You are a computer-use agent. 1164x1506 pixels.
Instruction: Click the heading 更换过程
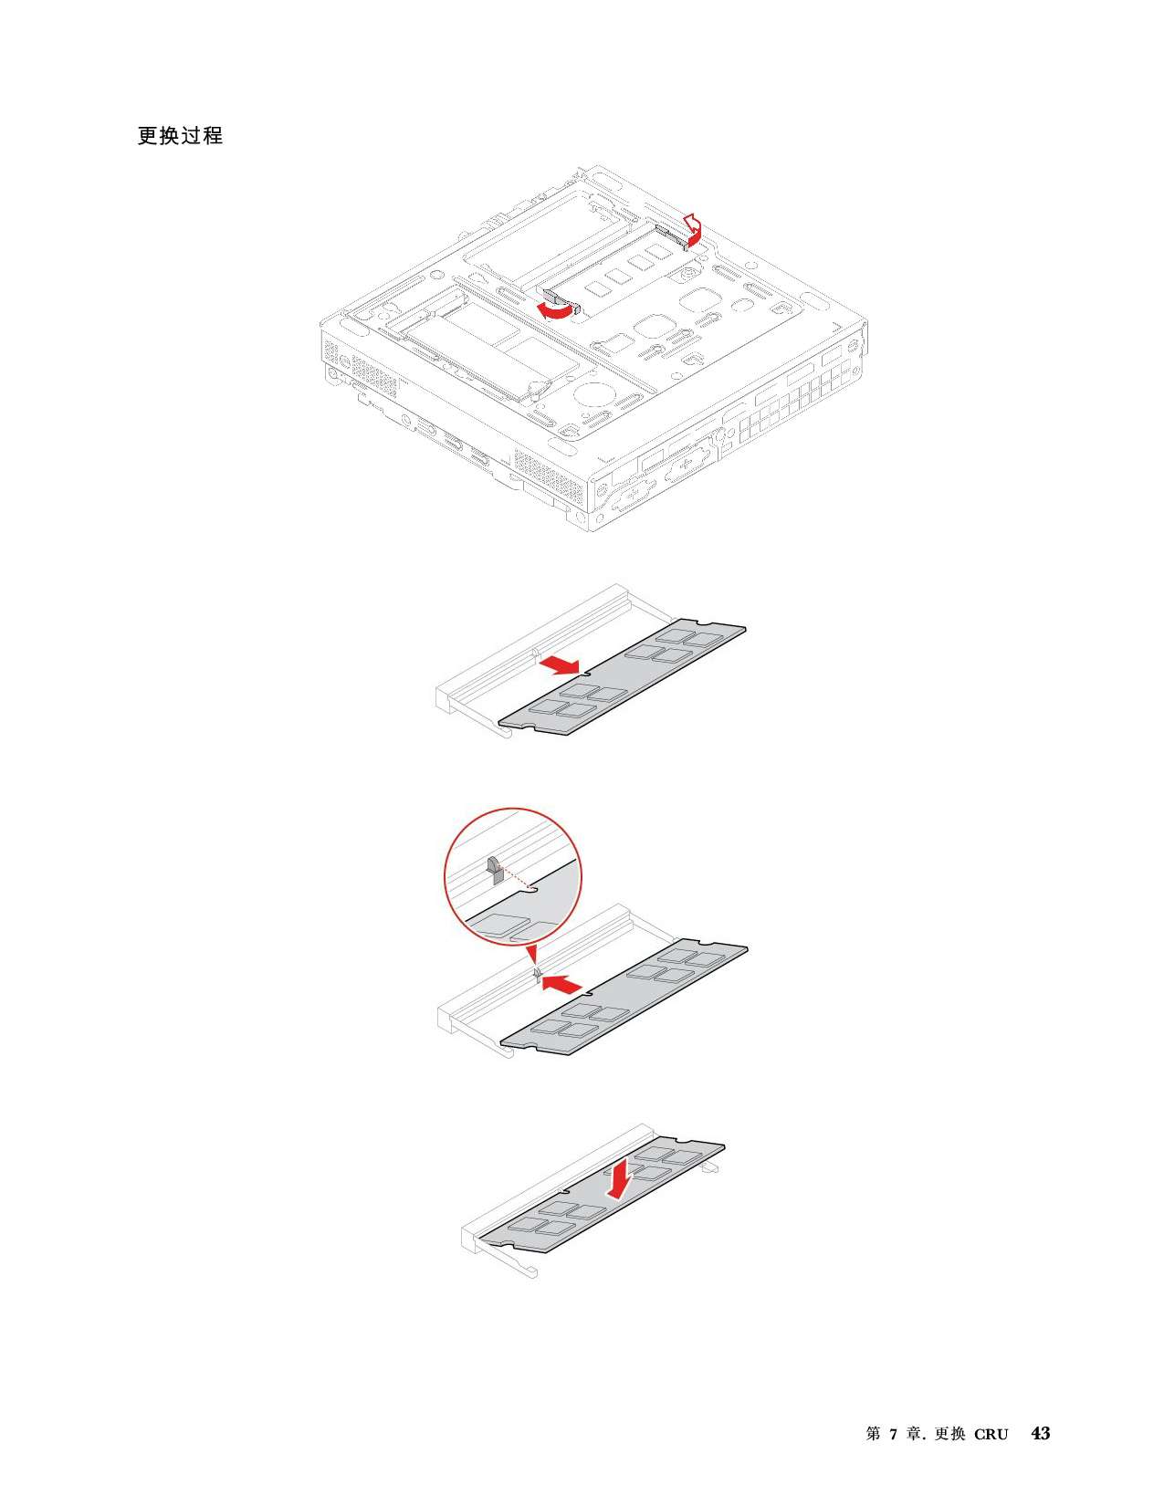click(x=180, y=135)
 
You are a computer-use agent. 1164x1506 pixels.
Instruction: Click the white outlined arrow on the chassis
click(x=692, y=224)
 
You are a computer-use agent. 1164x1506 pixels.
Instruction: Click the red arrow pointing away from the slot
click(x=561, y=666)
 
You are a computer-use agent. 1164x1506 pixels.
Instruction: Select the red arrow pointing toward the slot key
click(x=561, y=983)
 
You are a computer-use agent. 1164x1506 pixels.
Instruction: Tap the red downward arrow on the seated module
click(x=618, y=1177)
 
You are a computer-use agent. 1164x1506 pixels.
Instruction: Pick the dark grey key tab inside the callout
click(x=494, y=870)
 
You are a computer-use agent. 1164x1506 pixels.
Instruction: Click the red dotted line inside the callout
click(x=516, y=877)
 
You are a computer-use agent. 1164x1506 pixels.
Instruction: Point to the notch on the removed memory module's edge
click(x=586, y=672)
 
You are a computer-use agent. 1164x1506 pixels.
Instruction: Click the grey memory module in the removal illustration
click(x=623, y=676)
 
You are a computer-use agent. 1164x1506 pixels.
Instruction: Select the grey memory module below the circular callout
click(x=624, y=997)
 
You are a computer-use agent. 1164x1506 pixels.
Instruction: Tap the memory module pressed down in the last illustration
click(x=602, y=1195)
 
